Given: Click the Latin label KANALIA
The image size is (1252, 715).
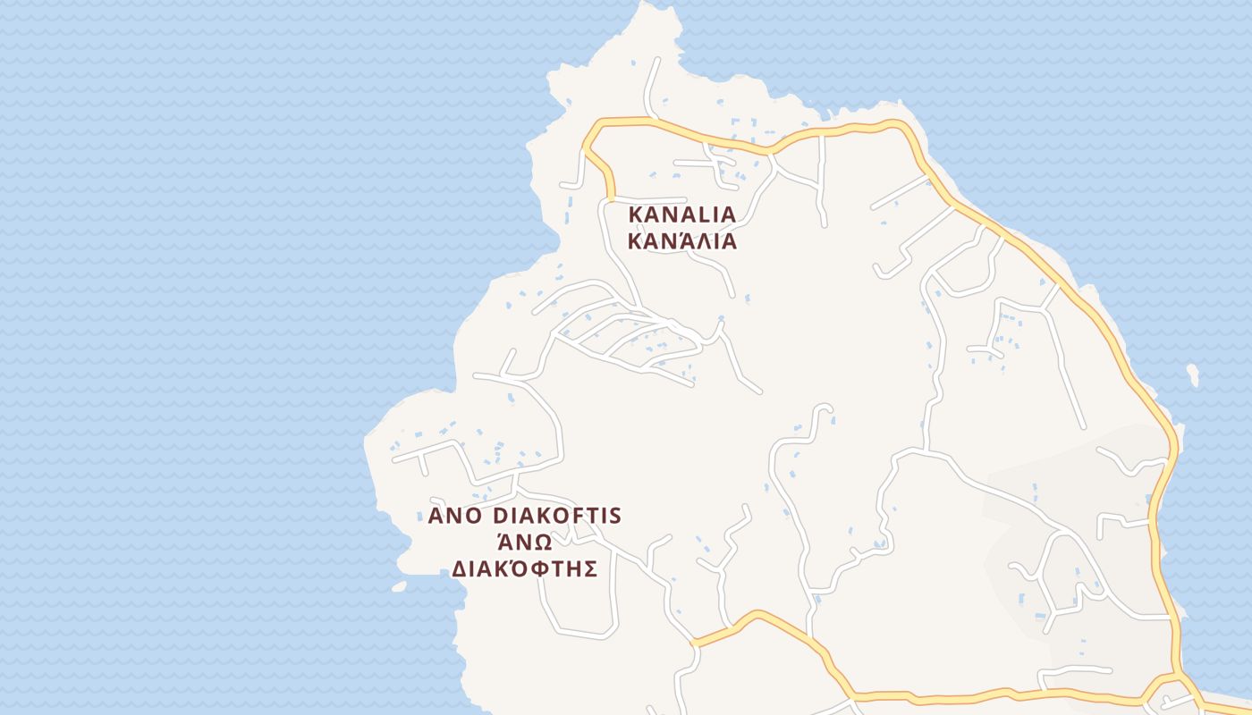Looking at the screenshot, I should point(682,214).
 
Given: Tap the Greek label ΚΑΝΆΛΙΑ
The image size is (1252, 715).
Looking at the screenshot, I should point(682,241).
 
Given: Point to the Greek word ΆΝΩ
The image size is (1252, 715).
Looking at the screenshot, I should point(524,543).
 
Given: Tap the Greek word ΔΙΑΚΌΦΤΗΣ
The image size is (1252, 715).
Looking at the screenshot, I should point(524,569).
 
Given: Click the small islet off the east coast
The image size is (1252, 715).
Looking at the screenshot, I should point(1191,374).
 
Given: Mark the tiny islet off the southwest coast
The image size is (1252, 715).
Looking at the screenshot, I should point(399,587).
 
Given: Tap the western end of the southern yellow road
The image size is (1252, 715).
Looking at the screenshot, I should point(694,642).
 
